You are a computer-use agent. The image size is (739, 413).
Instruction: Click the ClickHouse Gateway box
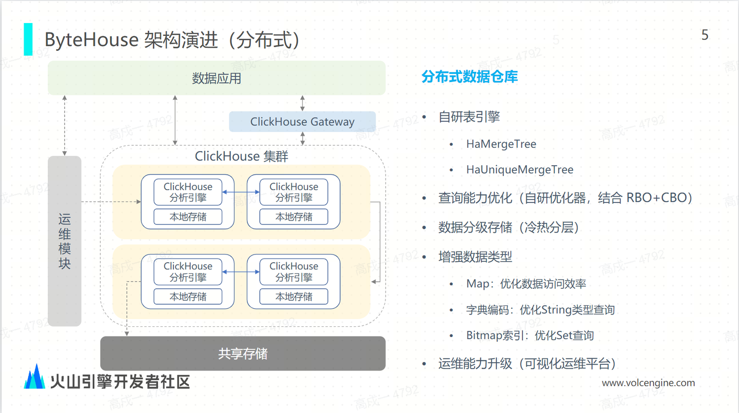coord(302,122)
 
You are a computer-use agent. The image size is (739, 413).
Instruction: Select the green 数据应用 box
coord(217,78)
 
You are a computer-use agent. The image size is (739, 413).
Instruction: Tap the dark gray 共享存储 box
coord(243,353)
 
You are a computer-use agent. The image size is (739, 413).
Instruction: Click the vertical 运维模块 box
coord(65,241)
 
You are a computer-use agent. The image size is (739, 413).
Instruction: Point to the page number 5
coord(705,35)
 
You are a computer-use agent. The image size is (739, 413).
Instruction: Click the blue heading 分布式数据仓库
coord(470,77)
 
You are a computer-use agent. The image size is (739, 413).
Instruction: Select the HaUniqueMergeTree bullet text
coord(519,170)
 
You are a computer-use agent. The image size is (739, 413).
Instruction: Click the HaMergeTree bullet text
coord(501,144)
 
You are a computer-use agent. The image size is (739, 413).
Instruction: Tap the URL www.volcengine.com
coord(648,383)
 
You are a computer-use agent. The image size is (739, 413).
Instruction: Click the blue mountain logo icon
coord(35,377)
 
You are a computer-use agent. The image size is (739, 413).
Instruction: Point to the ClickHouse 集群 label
coord(242,156)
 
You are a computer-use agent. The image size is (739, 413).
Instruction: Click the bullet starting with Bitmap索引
coord(530,336)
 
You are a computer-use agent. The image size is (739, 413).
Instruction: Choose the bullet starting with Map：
coord(526,284)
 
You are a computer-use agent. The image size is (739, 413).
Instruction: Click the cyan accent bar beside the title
coord(28,39)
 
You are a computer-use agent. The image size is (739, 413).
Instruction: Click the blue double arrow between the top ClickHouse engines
coord(241,192)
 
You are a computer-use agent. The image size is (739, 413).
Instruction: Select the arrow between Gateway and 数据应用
coord(302,103)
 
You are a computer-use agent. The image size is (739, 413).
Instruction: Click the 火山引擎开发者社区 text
coord(120,381)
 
